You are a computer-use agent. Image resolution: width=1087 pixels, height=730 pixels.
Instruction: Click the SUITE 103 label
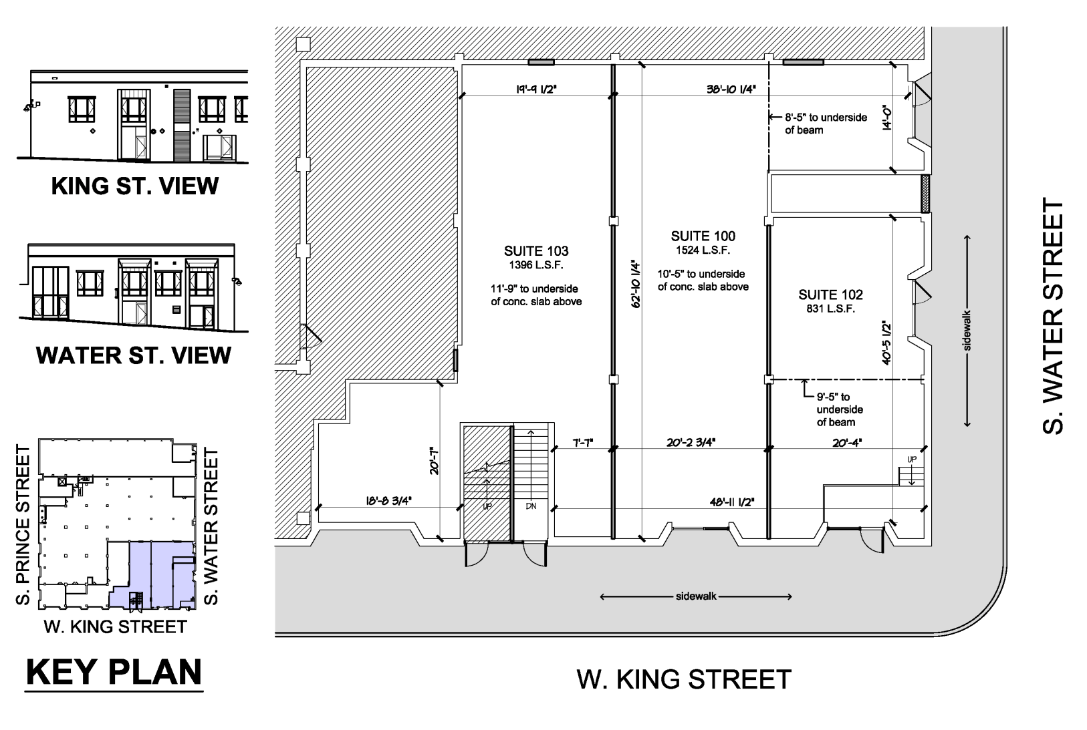point(536,251)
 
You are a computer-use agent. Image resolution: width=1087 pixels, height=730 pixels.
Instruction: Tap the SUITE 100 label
point(703,236)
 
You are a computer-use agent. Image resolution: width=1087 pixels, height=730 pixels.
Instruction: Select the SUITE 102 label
point(831,295)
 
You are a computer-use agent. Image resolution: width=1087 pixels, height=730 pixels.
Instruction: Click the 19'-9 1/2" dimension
point(536,89)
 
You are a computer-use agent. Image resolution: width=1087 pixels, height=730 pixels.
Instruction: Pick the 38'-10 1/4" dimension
point(731,89)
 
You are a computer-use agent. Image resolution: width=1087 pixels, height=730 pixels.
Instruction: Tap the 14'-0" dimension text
point(887,118)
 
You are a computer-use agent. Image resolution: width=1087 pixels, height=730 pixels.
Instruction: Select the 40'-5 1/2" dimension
point(886,342)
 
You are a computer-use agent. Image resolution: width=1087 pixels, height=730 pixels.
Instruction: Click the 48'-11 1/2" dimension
point(732,502)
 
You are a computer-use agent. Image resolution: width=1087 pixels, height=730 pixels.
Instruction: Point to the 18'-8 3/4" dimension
point(388,501)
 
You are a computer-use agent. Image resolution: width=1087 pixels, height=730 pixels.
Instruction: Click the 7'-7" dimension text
point(583,443)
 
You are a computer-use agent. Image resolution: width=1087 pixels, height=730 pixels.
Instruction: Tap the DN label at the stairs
point(531,506)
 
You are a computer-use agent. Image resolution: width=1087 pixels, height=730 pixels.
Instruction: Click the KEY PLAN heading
point(114,672)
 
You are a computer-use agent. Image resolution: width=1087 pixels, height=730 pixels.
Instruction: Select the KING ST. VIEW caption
point(135,186)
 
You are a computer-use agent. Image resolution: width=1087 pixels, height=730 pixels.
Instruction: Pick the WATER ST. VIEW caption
point(134,355)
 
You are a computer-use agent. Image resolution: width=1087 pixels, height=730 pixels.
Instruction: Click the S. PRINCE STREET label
point(23,525)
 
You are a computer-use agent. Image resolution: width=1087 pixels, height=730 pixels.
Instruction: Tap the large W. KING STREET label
point(684,679)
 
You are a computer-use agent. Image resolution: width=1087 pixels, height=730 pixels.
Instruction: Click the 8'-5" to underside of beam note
point(826,124)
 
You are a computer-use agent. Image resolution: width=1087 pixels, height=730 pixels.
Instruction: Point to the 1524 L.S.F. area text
point(703,250)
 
